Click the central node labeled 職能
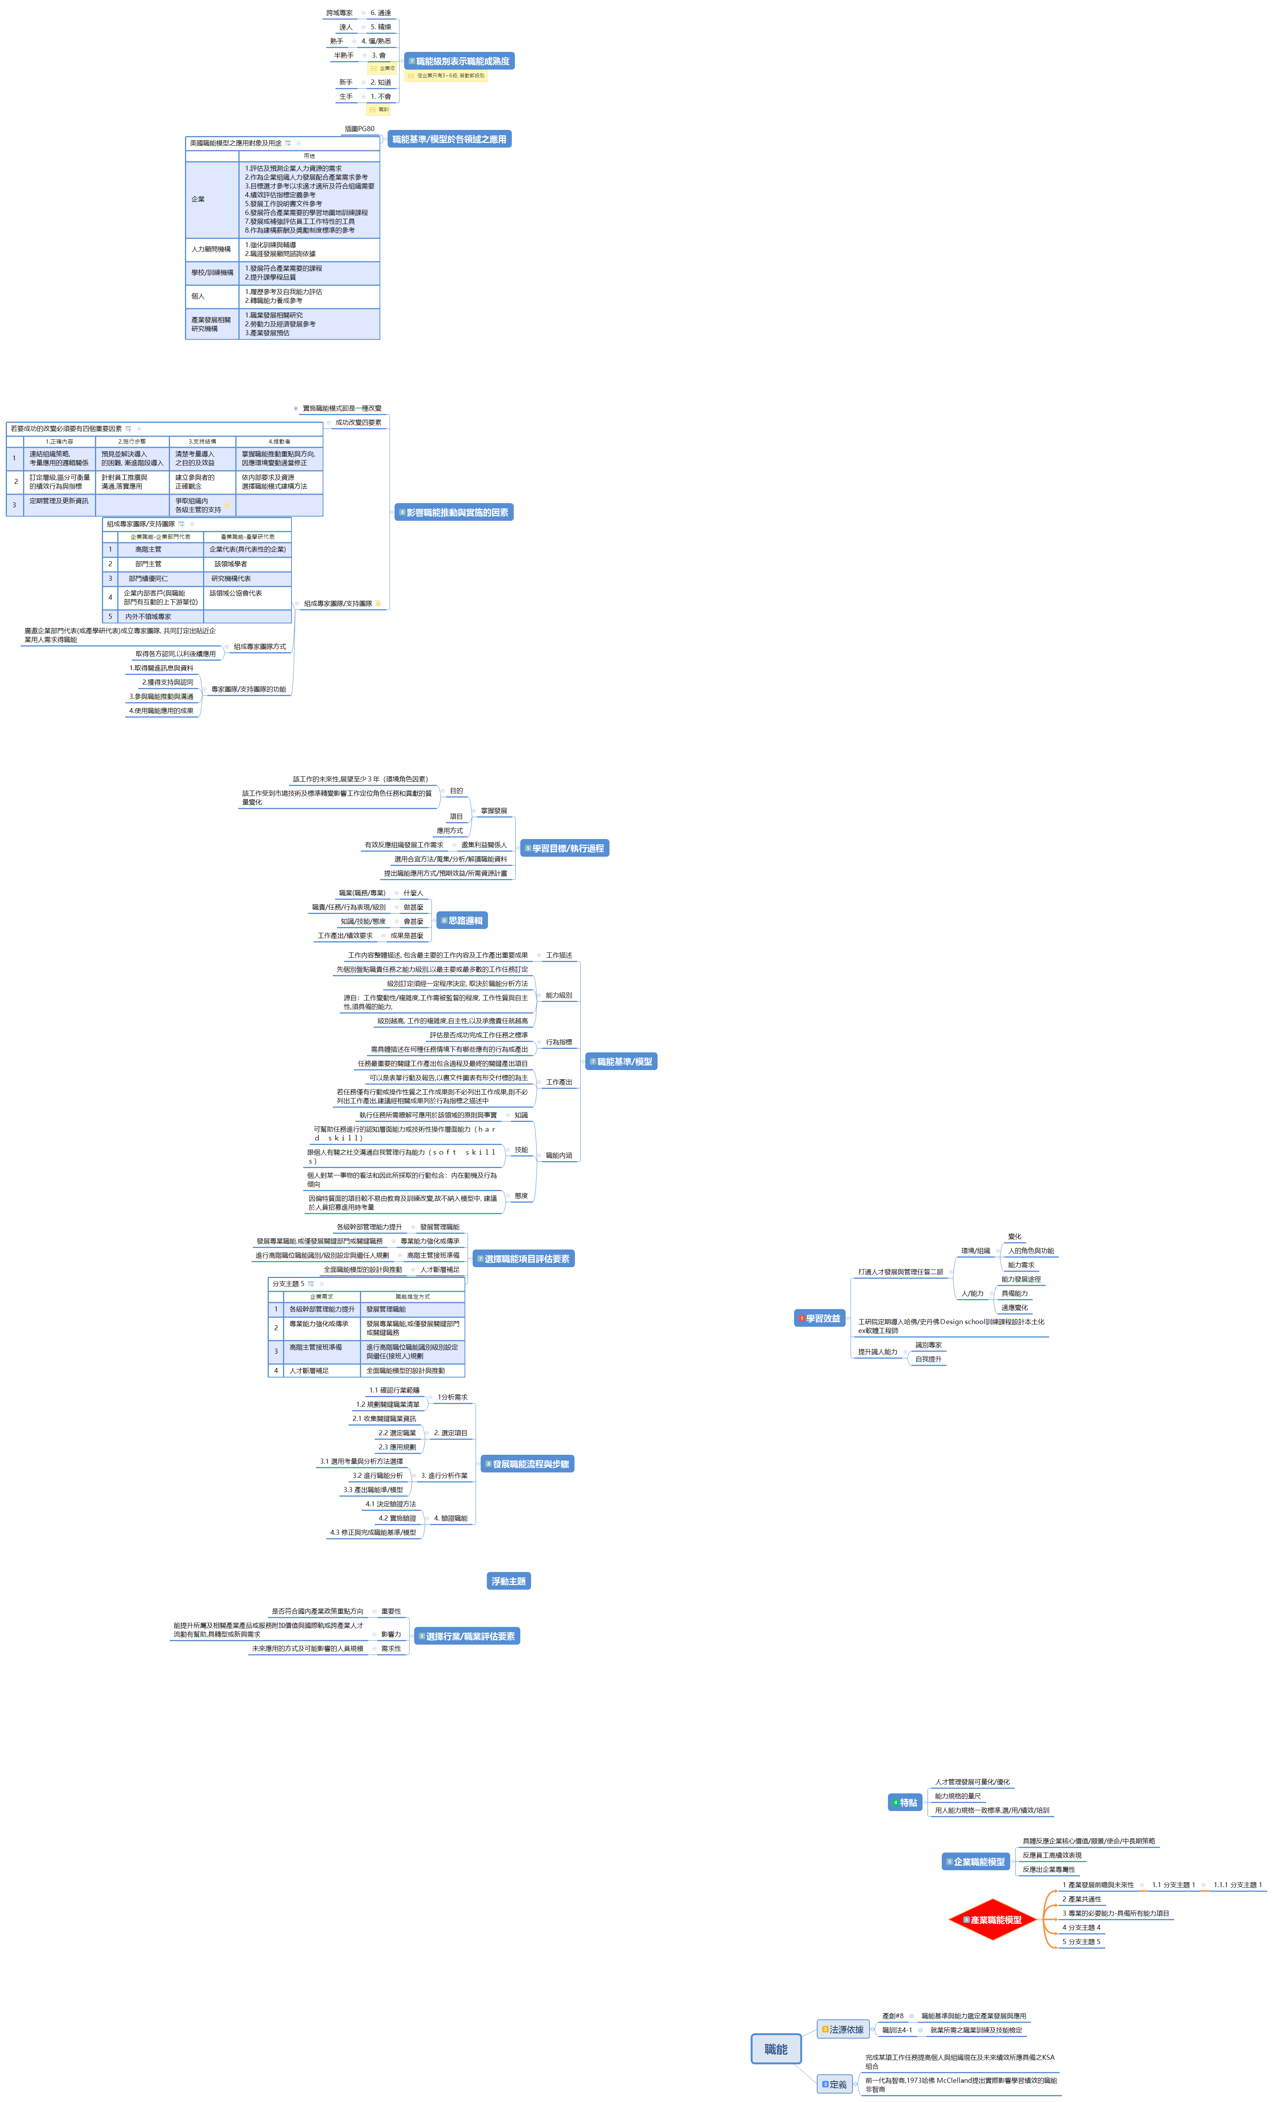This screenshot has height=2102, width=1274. coord(776,2048)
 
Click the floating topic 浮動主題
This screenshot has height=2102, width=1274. coord(509,1581)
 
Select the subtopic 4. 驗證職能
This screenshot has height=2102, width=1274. coord(450,1518)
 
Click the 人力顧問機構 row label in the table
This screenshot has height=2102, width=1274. coord(211,249)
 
